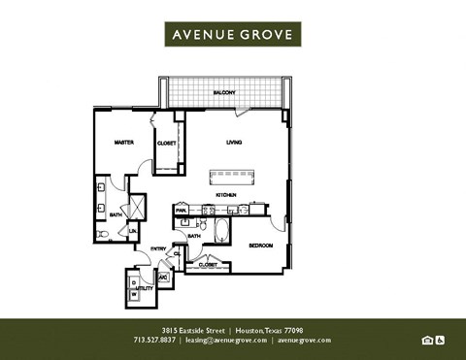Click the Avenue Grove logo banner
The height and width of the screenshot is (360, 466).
coord(233,34)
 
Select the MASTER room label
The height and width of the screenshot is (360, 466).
coord(123,143)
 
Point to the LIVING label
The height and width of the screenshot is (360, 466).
coord(233,143)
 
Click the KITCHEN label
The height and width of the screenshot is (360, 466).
coord(226,195)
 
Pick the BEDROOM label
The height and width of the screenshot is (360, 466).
coord(258,245)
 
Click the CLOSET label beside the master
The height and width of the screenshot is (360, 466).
coord(166,144)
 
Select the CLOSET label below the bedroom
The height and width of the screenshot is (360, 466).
coord(207,263)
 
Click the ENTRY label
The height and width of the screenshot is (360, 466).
coord(157,249)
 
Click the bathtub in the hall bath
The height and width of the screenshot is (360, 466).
coord(221,232)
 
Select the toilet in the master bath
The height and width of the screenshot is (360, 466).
coord(103,233)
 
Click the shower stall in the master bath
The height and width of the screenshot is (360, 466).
coord(136,208)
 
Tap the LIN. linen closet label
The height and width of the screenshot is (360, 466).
coord(133,231)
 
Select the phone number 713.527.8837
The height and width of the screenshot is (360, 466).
coord(154,341)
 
